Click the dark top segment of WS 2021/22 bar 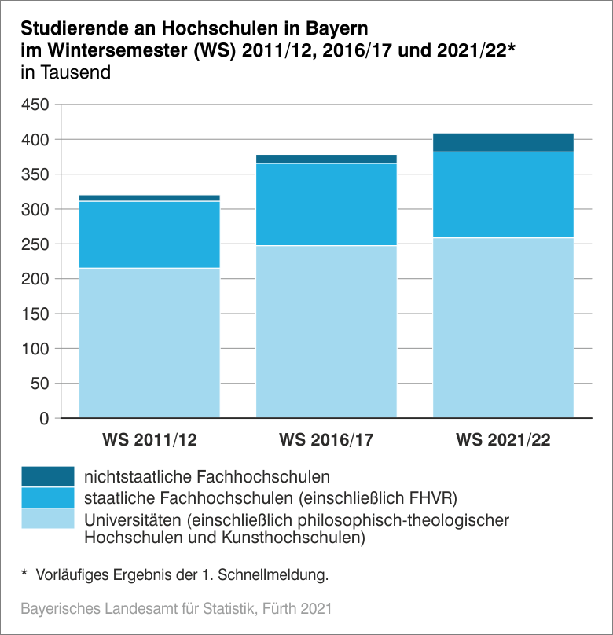coord(503,142)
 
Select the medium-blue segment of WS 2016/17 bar coord(326,204)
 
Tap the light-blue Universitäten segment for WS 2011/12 coord(149,343)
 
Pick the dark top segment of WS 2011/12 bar coord(149,198)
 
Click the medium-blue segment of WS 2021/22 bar coord(503,195)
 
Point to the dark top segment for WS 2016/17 coord(326,159)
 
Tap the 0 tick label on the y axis coord(44,418)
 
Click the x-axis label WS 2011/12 coord(149,439)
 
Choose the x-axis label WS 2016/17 coord(326,439)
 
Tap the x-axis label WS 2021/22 coord(503,439)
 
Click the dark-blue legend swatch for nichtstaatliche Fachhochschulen coord(47,476)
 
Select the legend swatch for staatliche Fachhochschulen coord(47,497)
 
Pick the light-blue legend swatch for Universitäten coord(47,519)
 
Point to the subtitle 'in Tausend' coord(65,73)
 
